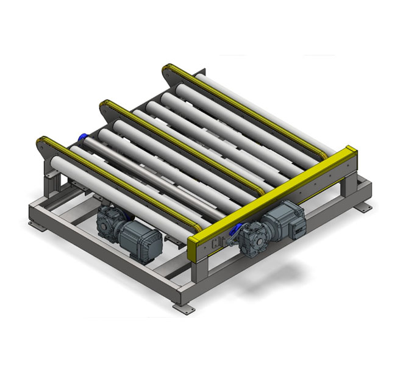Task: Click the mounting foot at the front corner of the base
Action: click(181, 307)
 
